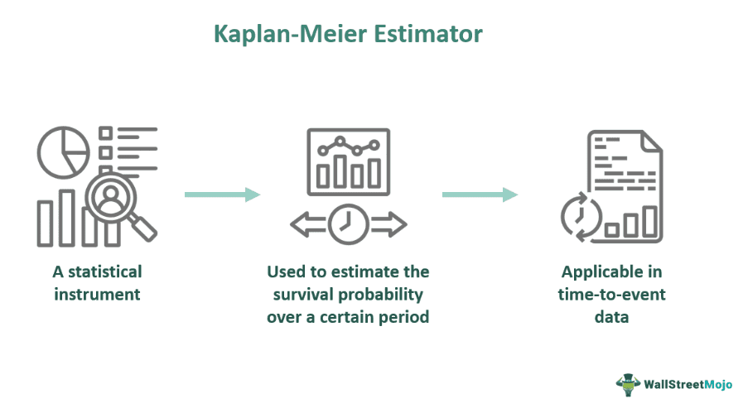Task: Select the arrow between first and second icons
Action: (222, 194)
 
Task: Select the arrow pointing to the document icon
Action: (480, 194)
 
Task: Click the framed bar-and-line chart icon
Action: (348, 159)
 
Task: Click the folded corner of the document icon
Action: (651, 143)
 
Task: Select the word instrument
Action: (97, 293)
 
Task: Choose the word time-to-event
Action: (612, 294)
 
